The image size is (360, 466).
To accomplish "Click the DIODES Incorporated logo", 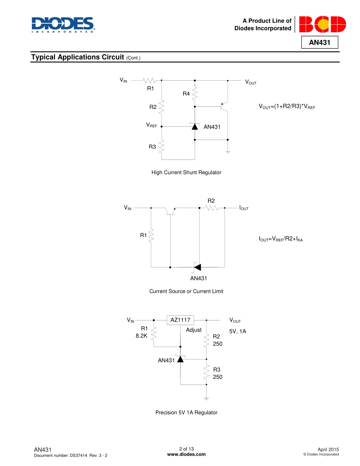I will tap(63, 25).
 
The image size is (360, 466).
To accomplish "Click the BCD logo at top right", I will tap(322, 25).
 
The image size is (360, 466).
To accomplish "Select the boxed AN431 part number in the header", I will tap(319, 42).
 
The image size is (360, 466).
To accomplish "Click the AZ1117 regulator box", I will tap(180, 320).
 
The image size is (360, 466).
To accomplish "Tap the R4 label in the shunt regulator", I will tap(186, 94).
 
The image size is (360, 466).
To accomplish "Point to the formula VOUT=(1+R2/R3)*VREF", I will tap(286, 107).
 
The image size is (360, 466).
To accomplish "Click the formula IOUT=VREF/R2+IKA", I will tap(280, 239).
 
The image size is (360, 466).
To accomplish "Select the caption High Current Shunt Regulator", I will tap(186, 172).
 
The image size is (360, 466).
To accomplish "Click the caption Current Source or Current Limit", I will tap(186, 291).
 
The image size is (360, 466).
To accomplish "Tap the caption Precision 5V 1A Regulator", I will tap(186, 412).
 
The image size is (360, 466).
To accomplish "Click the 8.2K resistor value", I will tap(141, 336).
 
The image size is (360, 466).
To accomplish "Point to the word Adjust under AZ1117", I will tap(194, 330).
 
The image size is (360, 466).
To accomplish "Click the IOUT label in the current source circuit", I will tap(244, 208).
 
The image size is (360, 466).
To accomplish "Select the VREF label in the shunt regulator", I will tap(152, 125).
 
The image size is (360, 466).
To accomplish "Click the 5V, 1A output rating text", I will tap(238, 331).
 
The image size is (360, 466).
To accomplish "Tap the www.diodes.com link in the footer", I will tap(186, 455).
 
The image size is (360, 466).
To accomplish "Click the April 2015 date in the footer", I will tap(328, 449).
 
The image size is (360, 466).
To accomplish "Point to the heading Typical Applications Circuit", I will tap(77, 57).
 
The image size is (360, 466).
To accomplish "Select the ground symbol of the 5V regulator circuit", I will tap(207, 398).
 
